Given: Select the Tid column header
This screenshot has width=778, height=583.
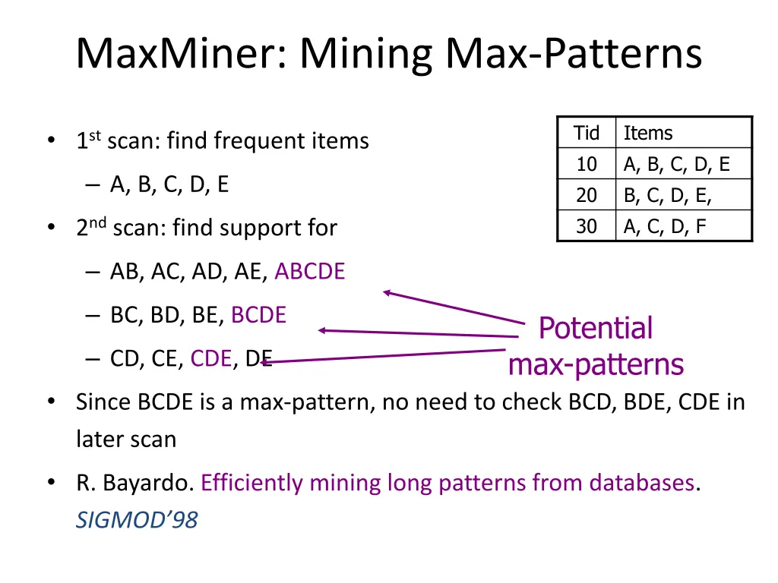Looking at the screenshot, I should coord(586,133).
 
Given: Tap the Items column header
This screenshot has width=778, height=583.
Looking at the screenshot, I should coord(647,133).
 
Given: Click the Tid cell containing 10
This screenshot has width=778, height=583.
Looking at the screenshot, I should coord(586,164).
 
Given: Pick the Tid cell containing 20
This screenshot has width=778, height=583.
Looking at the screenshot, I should coord(586,195).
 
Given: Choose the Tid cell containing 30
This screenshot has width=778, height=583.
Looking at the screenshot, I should coord(586,226).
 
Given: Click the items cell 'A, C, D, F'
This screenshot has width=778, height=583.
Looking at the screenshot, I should coord(665,226).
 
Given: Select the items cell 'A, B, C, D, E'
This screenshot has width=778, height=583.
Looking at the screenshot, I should coord(676,164).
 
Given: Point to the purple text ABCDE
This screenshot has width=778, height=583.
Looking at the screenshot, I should coord(309,271).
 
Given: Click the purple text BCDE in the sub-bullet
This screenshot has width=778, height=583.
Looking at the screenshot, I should coord(258,315).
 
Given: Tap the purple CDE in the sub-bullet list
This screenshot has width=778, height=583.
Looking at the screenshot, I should coord(210,358).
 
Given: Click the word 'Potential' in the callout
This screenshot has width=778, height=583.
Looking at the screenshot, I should coord(595,329).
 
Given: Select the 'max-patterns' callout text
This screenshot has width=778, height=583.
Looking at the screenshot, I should coord(596,365).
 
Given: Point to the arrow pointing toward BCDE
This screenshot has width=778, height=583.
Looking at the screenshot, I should coord(418,333).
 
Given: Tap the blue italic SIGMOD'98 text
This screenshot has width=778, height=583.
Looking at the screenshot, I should coord(136,520).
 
